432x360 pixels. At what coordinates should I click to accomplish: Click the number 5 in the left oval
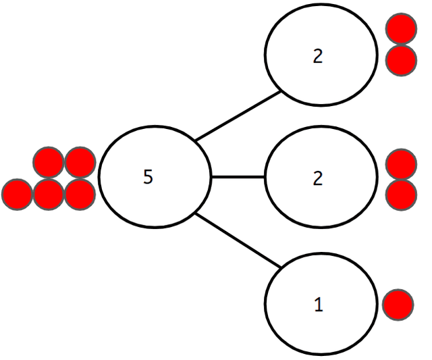[148, 177]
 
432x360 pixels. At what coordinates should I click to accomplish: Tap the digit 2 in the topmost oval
[319, 57]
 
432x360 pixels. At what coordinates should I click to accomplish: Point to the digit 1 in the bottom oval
[319, 305]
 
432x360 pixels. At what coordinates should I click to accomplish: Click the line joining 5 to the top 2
[238, 116]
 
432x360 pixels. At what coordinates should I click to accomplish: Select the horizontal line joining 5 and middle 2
[238, 178]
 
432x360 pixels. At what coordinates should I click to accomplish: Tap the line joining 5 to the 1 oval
[238, 240]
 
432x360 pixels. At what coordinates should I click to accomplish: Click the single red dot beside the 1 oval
[398, 305]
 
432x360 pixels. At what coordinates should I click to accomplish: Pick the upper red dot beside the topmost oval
[400, 30]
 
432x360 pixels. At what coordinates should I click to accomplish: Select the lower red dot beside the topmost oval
[400, 59]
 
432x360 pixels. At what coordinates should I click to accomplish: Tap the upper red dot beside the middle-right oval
[400, 164]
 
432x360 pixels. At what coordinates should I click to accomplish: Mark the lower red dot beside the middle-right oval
[400, 193]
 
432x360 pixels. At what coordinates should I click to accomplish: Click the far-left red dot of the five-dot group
[17, 195]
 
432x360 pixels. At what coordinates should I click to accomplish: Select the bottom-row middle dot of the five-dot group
[49, 195]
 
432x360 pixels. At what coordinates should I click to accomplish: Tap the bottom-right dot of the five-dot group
[80, 195]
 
